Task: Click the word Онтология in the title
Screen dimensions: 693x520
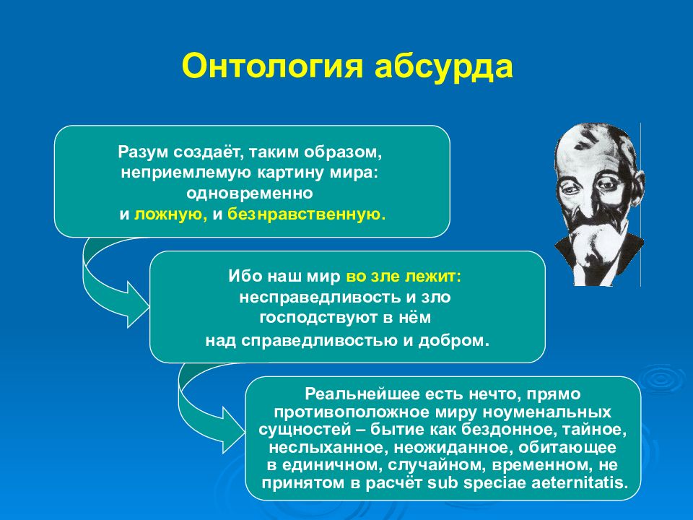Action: click(272, 66)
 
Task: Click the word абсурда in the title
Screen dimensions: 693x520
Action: click(444, 66)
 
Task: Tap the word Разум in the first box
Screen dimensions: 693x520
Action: click(143, 152)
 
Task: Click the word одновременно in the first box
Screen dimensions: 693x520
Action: click(250, 194)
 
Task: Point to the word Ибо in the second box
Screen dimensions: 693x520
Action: click(245, 277)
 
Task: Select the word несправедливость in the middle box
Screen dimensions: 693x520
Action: click(320, 297)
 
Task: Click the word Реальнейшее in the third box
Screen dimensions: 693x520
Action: click(362, 394)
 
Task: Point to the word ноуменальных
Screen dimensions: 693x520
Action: click(546, 412)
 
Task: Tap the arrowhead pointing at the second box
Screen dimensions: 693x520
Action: click(138, 305)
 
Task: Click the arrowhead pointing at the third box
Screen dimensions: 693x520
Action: click(233, 430)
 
